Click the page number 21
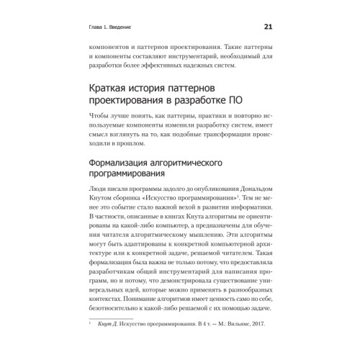click(x=267, y=28)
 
